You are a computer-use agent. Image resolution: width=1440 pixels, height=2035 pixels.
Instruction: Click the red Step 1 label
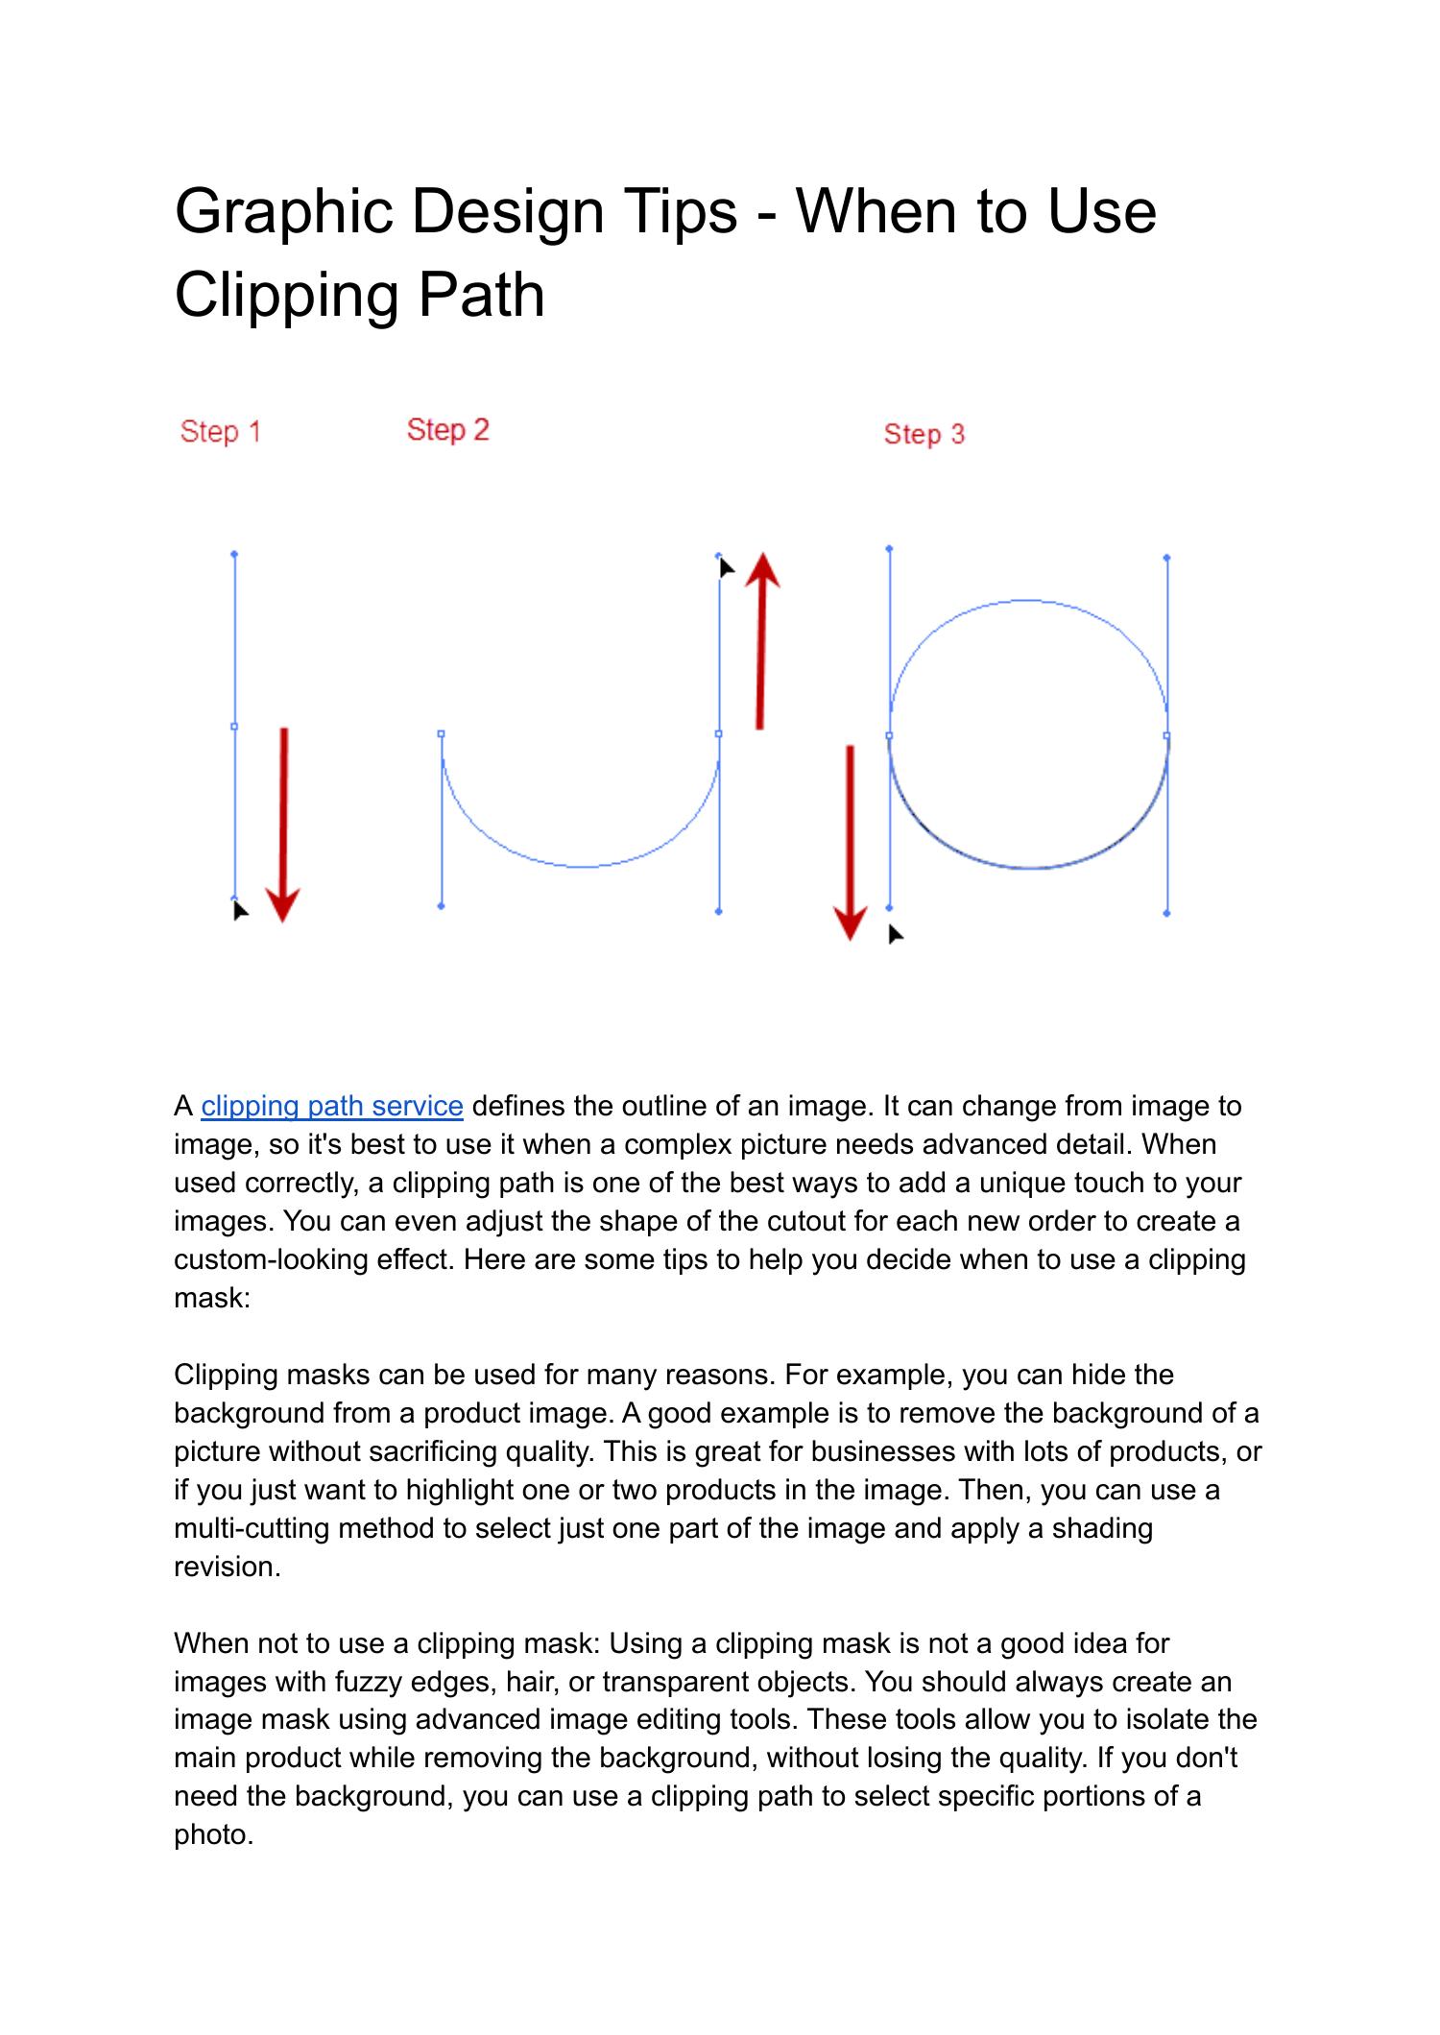pos(220,432)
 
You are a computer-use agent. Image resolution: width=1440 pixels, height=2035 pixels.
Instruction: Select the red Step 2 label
pos(447,429)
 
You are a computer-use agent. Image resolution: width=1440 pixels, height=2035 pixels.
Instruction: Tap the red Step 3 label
pos(924,434)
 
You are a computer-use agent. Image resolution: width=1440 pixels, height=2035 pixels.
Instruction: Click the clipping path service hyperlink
pos(332,1106)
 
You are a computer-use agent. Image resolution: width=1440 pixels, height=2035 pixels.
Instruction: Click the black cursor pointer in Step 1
pos(239,909)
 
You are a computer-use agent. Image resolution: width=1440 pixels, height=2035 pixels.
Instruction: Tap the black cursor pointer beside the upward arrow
pos(726,567)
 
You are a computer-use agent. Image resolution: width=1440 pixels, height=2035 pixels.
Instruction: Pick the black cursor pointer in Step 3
pos(895,933)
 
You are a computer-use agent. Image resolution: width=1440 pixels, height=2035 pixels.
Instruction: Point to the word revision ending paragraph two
pos(228,1567)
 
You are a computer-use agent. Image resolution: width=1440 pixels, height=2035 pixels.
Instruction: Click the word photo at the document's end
pos(213,1834)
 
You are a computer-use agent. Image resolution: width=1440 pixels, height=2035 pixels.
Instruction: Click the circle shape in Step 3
pos(1028,601)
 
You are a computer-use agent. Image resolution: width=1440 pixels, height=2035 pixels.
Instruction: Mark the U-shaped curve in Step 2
pos(581,866)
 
